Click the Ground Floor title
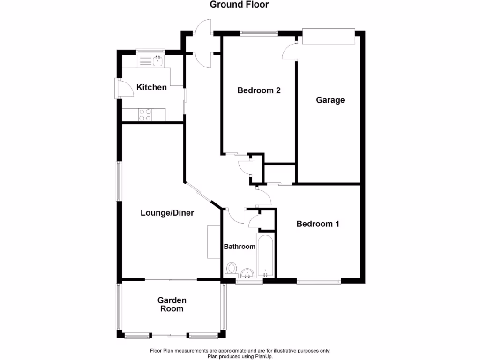[239, 5]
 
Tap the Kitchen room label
[151, 87]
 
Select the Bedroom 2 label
[259, 90]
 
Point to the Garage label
[330, 100]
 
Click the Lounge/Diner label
[167, 213]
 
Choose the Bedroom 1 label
[318, 224]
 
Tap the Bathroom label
[239, 247]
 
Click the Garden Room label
[172, 304]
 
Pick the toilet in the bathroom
[231, 269]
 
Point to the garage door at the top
[329, 37]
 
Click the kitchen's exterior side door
[118, 88]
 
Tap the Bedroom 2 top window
[259, 32]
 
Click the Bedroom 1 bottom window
[319, 282]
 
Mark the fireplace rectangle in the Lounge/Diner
[213, 241]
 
